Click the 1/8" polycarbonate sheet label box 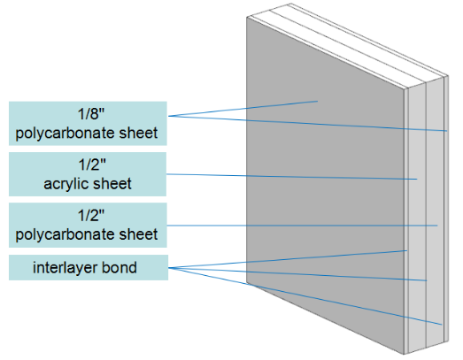pos(87,124)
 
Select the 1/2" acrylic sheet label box pos(87,174)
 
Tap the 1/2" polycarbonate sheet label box pos(87,225)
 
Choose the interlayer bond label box pos(87,267)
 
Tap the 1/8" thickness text pos(87,114)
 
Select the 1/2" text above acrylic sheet pos(87,165)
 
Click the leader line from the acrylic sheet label pos(292,177)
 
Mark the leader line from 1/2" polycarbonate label pos(301,226)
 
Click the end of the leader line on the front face pos(317,102)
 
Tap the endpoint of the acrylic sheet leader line pos(417,180)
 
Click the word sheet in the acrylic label pos(113,184)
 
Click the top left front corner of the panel pos(246,17)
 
